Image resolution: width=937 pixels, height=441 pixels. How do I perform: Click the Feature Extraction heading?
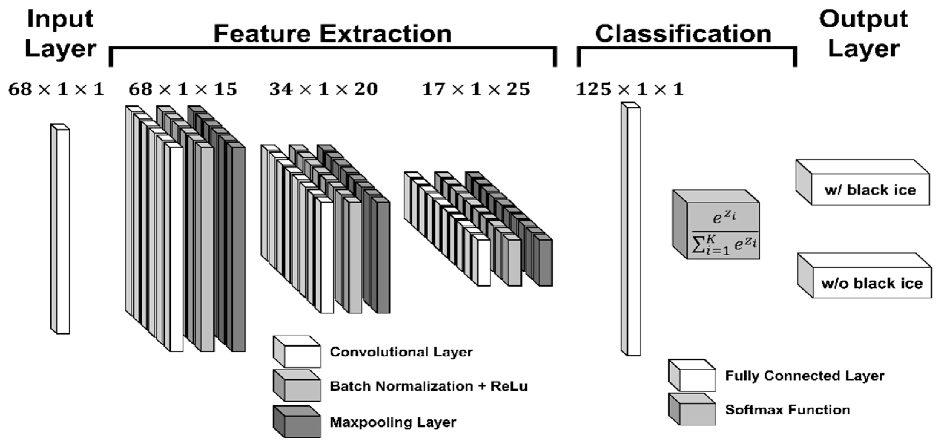(x=333, y=34)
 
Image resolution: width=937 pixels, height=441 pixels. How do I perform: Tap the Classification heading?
(x=683, y=34)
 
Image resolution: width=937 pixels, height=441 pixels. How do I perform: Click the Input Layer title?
(x=60, y=33)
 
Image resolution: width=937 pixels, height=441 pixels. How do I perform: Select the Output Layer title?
(x=864, y=33)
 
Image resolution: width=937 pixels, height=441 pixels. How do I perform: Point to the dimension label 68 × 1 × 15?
(x=183, y=89)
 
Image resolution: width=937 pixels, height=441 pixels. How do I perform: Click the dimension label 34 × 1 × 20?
(x=323, y=89)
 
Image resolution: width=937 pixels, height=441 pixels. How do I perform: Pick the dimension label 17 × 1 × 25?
(x=476, y=89)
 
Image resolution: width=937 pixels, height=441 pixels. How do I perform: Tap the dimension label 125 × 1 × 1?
(x=629, y=89)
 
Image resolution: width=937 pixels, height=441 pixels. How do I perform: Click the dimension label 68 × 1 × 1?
(x=56, y=89)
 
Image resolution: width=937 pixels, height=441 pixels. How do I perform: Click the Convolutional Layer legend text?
(x=401, y=352)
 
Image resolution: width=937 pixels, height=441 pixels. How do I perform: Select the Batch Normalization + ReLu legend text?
(x=428, y=386)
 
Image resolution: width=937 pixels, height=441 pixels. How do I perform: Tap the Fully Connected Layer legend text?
(x=804, y=376)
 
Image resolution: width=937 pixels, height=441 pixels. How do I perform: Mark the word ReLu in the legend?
(x=509, y=386)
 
